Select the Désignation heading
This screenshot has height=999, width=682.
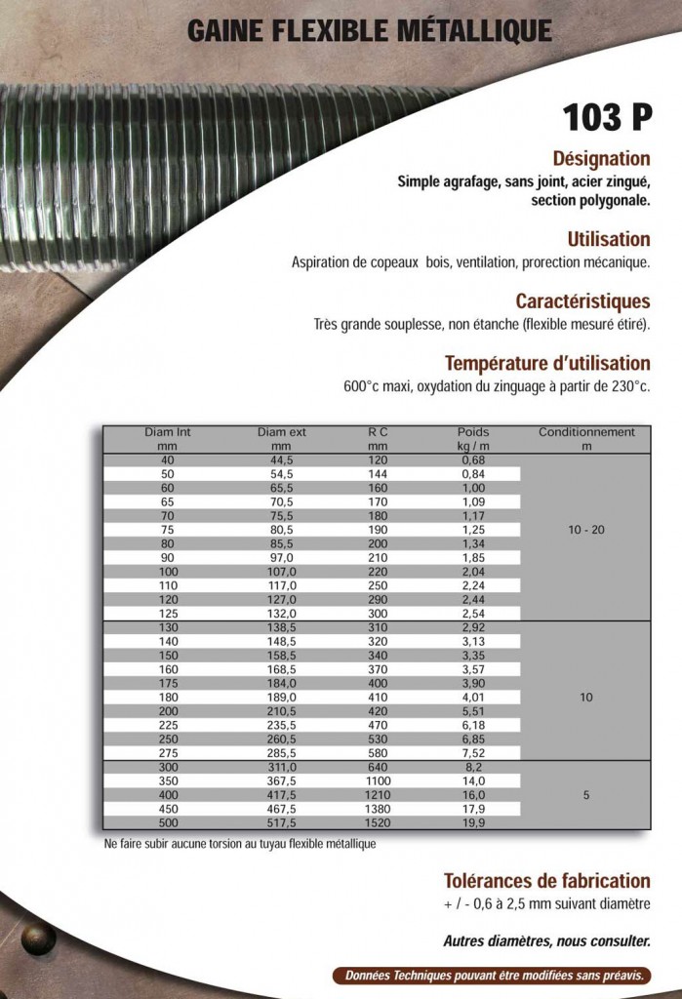(601, 158)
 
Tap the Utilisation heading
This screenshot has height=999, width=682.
(608, 239)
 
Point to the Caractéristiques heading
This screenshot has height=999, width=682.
(582, 301)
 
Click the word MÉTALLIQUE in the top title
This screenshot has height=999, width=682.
(474, 31)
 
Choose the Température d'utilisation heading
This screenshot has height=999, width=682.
(547, 364)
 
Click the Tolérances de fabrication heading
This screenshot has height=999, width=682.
(546, 880)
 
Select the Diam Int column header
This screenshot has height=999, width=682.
(167, 431)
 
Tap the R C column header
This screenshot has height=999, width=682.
(379, 431)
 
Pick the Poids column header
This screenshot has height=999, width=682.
(473, 431)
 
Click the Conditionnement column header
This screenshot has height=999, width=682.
(586, 431)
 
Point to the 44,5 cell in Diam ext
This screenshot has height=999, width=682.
(282, 460)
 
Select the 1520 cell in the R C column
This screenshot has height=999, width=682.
(378, 823)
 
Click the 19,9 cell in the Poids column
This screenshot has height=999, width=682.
(473, 823)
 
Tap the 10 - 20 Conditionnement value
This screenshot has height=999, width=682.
(586, 530)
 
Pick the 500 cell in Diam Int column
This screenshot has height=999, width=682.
(167, 823)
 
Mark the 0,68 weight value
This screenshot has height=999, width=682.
(473, 460)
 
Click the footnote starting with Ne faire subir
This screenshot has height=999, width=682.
(239, 844)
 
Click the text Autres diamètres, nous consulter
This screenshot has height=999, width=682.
(546, 941)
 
